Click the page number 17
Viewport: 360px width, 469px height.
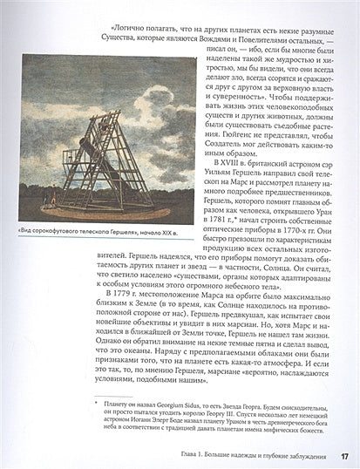pos(344,455)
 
